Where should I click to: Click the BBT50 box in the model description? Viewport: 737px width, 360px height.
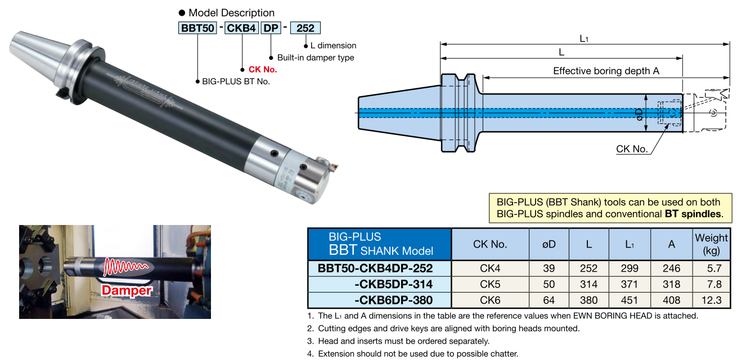point(197,28)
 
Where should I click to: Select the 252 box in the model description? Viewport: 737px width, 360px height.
point(305,28)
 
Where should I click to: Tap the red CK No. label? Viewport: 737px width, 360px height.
point(263,69)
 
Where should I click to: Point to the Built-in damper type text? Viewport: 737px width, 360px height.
point(316,57)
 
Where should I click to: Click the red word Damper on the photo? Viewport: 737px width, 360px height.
point(127,290)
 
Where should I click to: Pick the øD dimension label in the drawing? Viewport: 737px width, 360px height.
point(639,114)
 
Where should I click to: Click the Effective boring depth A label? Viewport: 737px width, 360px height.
point(606,71)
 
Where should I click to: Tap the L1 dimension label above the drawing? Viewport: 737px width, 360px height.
point(583,38)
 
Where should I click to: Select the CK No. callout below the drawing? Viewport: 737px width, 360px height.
point(632,148)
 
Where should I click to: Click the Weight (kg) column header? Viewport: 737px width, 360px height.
point(711,244)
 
